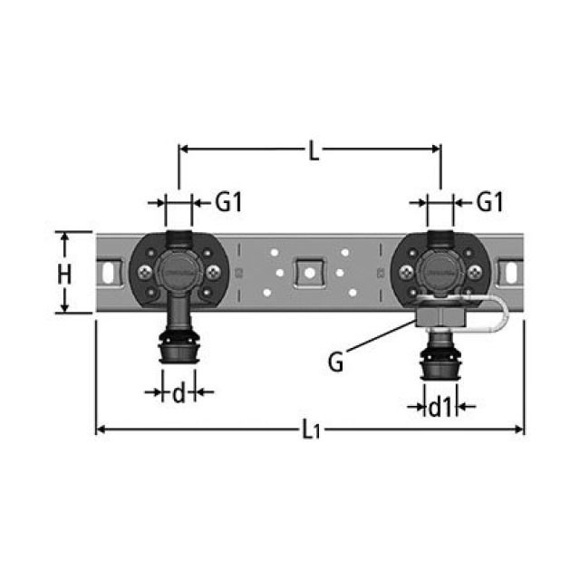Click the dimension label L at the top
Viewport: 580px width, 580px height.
(x=313, y=151)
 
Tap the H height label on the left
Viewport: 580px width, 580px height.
(x=64, y=273)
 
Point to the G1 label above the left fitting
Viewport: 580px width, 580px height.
(x=228, y=204)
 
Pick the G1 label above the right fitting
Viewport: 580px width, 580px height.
(x=488, y=204)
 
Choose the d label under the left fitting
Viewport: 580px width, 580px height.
(x=179, y=392)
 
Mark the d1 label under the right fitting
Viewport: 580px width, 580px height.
(x=440, y=408)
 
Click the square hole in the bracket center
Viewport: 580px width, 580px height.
(x=310, y=271)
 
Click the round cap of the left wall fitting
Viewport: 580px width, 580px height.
(x=179, y=269)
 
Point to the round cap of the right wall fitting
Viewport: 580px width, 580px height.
(x=440, y=269)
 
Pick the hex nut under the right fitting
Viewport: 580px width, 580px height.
(x=439, y=316)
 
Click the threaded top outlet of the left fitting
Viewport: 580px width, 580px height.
(x=179, y=237)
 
